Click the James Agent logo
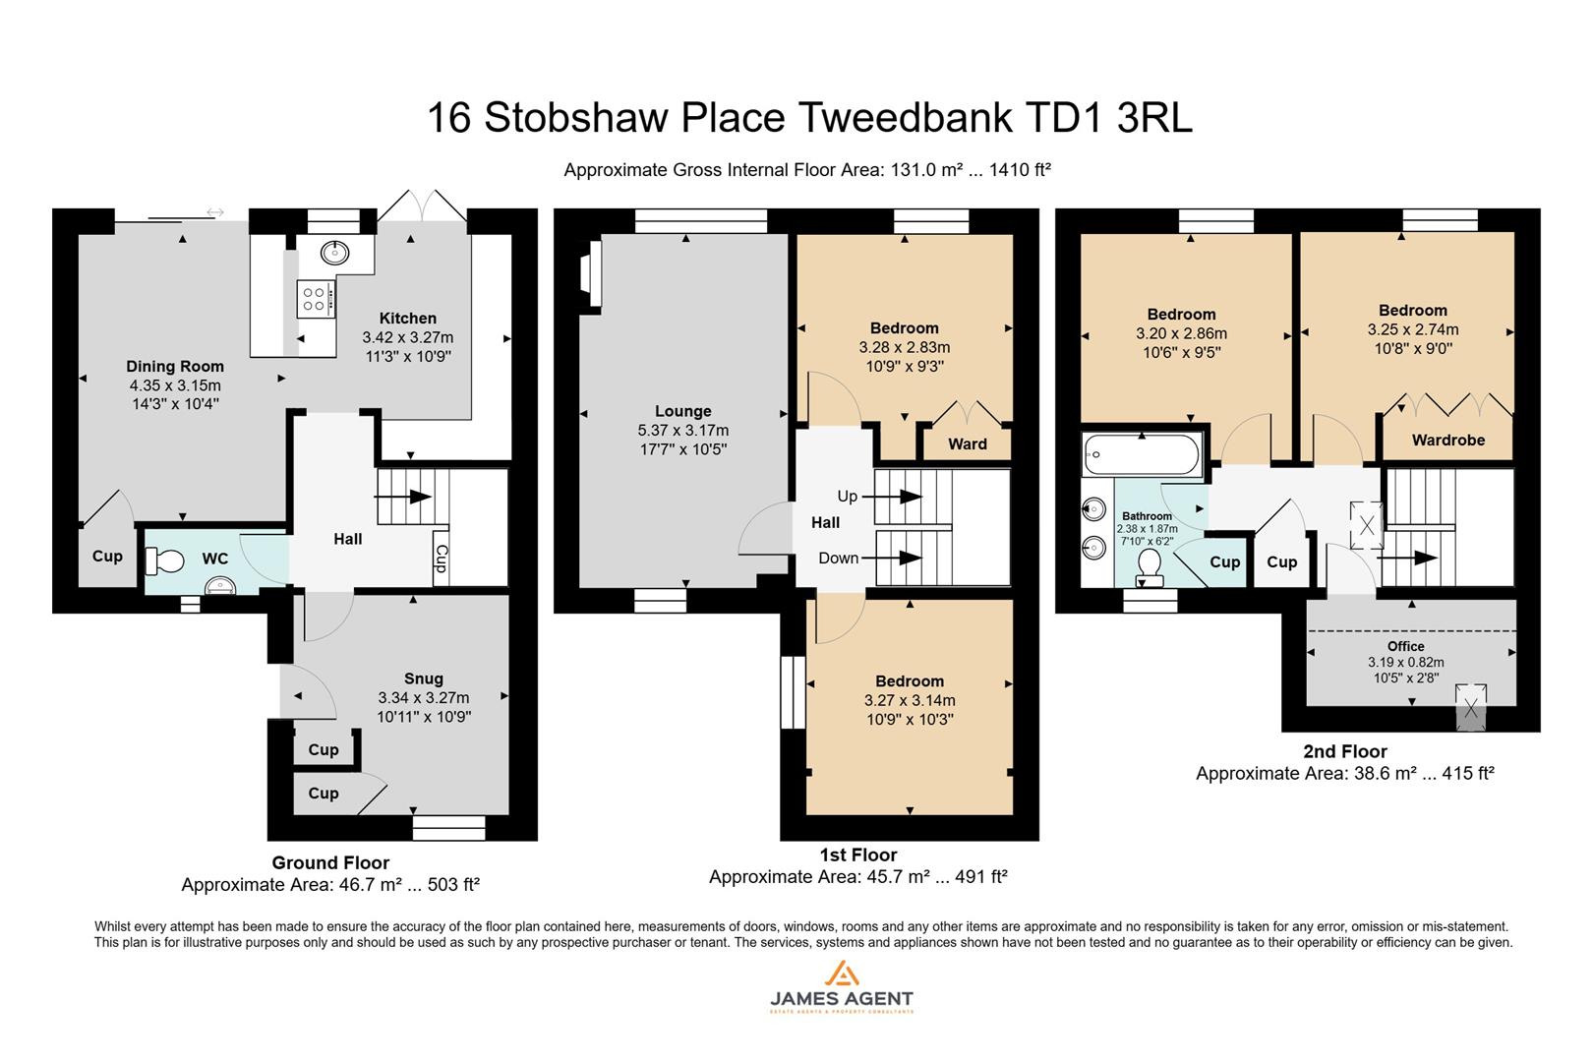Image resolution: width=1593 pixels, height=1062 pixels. click(x=841, y=987)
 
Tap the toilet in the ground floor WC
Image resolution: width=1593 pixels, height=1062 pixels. click(x=164, y=561)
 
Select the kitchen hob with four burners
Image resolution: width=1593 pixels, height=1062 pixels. click(x=315, y=298)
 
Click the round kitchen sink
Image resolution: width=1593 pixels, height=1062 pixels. click(x=335, y=253)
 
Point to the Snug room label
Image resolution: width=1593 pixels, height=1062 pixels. click(x=424, y=678)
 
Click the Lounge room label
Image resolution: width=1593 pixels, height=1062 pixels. click(x=683, y=411)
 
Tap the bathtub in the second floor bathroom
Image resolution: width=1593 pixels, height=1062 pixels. click(x=1141, y=455)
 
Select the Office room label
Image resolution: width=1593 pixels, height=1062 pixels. click(x=1405, y=646)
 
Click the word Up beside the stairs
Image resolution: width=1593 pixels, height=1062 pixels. click(x=848, y=496)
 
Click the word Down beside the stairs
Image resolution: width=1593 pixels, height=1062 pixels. click(x=839, y=558)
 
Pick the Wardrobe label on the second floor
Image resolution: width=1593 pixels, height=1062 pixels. click(x=1447, y=440)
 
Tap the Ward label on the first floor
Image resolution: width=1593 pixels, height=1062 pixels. click(x=968, y=443)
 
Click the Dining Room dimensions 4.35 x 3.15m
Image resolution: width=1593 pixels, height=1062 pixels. click(x=175, y=385)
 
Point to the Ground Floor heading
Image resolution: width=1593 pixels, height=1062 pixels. click(x=330, y=862)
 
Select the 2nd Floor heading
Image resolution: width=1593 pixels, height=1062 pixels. click(x=1344, y=751)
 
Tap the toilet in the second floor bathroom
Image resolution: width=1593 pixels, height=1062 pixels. click(x=1149, y=565)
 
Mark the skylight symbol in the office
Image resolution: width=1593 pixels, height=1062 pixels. click(x=1470, y=706)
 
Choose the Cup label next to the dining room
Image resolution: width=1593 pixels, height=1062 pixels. click(x=107, y=556)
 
